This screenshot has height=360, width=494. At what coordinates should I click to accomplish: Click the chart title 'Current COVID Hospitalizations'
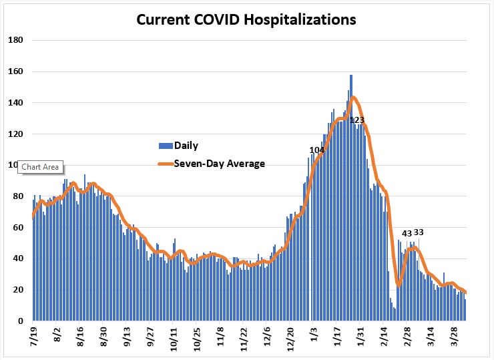(x=246, y=19)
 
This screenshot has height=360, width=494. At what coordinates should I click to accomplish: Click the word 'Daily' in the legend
(x=186, y=146)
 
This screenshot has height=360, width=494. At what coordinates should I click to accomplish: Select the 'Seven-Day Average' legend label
(x=219, y=164)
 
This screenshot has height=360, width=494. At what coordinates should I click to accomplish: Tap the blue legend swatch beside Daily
(x=166, y=146)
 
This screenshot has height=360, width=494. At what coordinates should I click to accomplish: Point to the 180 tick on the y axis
(x=15, y=40)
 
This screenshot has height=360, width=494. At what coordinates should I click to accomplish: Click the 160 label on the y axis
(x=15, y=71)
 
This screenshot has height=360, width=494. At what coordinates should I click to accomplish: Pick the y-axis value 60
(x=18, y=227)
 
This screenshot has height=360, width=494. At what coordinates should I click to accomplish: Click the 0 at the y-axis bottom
(x=21, y=321)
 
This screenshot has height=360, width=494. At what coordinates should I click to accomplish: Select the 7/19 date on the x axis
(x=33, y=337)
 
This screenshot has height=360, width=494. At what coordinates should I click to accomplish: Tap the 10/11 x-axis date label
(x=174, y=339)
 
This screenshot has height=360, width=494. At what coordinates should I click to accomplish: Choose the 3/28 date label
(x=454, y=337)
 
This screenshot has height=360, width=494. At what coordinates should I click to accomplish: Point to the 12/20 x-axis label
(x=290, y=339)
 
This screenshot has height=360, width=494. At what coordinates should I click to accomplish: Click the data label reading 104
(x=317, y=150)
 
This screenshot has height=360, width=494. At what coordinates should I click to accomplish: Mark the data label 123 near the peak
(x=357, y=120)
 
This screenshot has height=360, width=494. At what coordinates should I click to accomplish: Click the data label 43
(x=407, y=234)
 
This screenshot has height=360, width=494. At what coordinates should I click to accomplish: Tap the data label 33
(x=419, y=232)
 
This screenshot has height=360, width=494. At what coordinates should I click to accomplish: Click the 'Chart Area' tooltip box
(x=40, y=167)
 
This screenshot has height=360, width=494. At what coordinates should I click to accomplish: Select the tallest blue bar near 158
(x=351, y=198)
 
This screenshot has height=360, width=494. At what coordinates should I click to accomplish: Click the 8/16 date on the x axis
(x=80, y=337)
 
